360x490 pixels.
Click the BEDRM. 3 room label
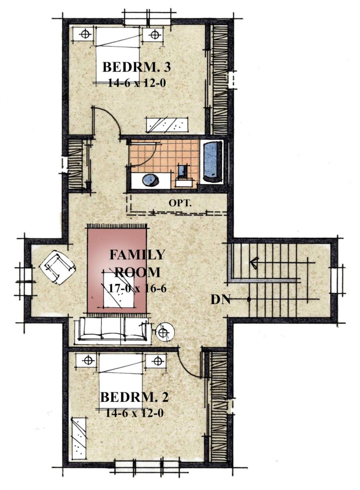click(x=136, y=67)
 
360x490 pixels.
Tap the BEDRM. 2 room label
click(x=134, y=397)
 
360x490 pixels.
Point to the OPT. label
click(x=180, y=203)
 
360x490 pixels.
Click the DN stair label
click(x=221, y=300)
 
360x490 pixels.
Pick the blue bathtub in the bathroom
click(x=213, y=161)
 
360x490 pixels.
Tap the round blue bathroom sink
click(x=151, y=180)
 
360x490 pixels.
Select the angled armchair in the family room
click(x=58, y=267)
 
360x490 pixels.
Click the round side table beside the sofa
click(x=164, y=332)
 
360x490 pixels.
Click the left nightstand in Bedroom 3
click(x=84, y=34)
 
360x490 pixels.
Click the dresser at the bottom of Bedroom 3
click(x=167, y=124)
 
